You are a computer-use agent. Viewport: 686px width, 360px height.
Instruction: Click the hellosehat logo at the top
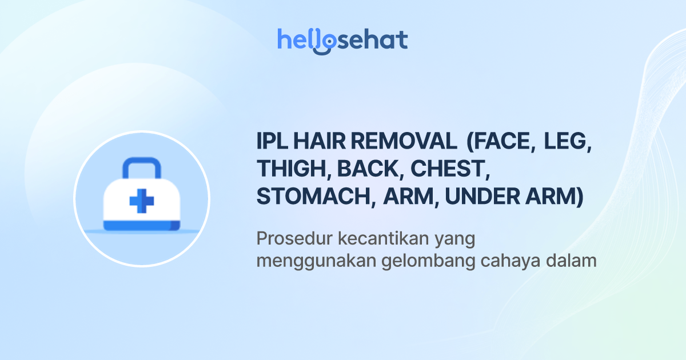342,41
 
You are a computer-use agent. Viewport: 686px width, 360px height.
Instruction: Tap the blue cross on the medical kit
142,202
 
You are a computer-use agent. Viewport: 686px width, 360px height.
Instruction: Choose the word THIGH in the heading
293,169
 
